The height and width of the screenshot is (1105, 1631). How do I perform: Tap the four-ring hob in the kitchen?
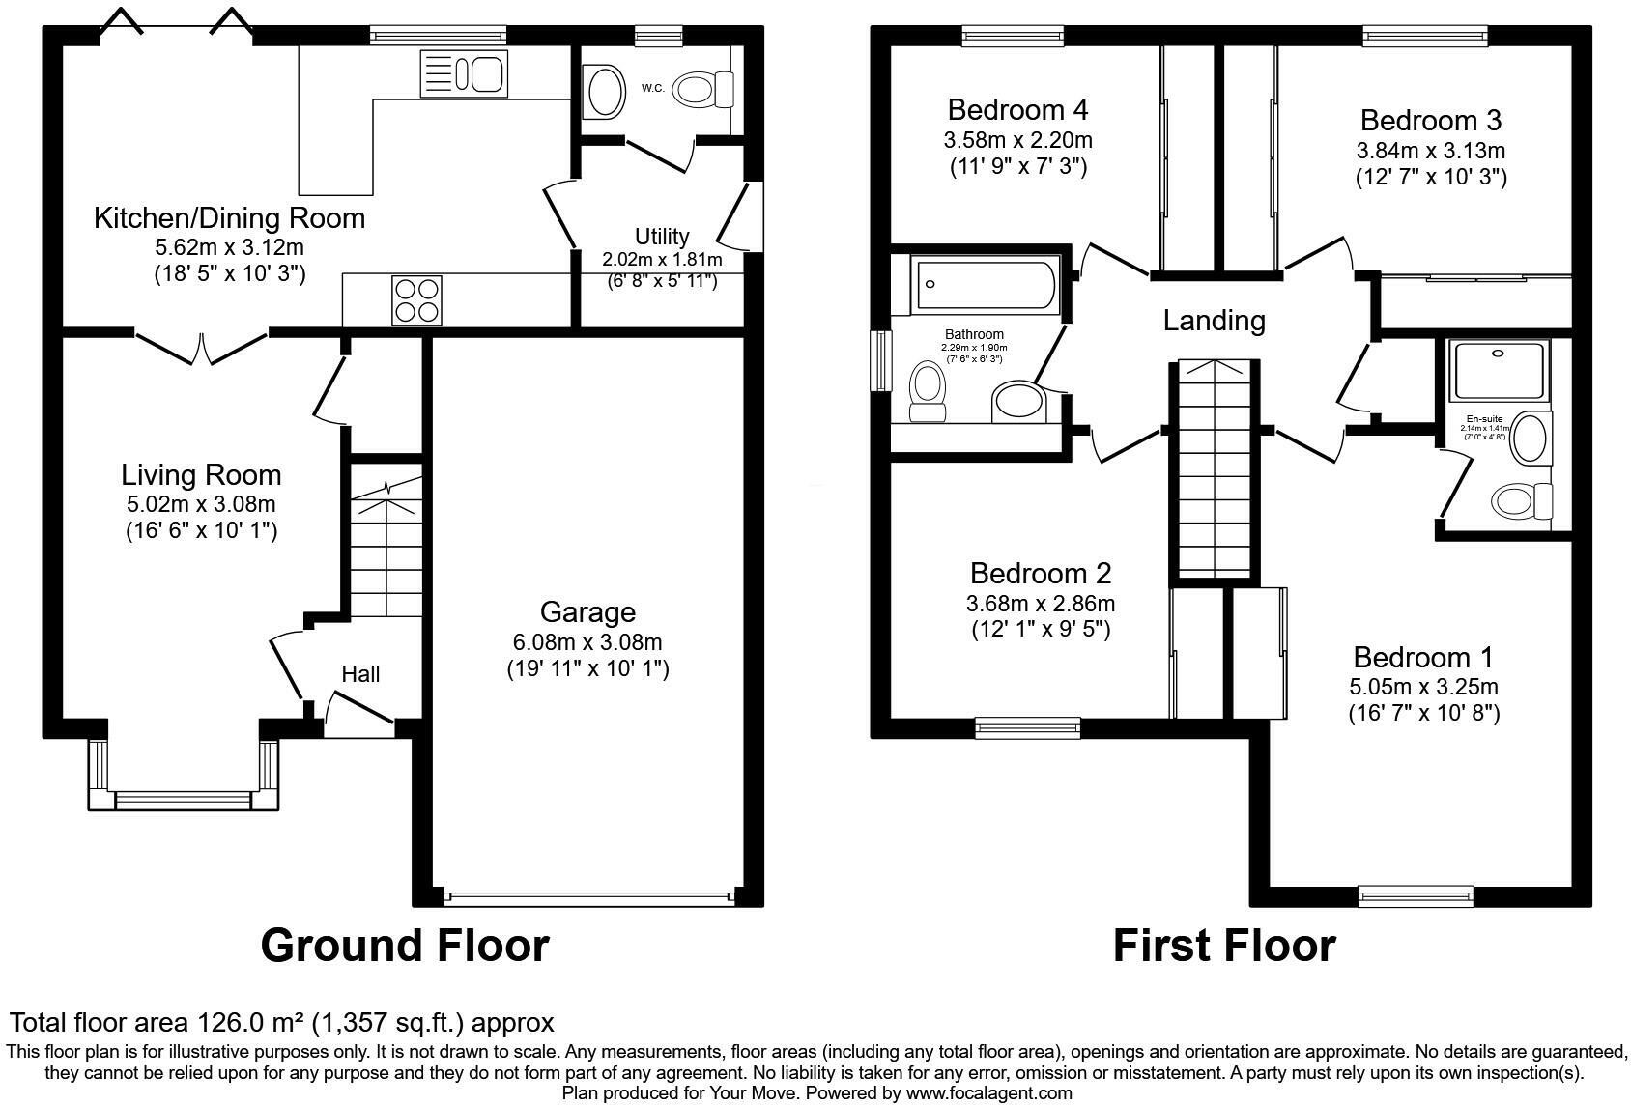tap(416, 299)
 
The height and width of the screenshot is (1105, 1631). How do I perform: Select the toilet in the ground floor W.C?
tap(704, 90)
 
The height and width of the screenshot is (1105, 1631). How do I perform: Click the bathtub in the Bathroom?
tap(976, 283)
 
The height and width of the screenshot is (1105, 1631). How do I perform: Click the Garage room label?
tap(587, 612)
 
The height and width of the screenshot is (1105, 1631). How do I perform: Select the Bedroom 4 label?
tap(1017, 108)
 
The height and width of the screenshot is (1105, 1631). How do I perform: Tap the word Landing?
tap(1214, 320)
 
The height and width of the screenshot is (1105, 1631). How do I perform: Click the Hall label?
tap(360, 674)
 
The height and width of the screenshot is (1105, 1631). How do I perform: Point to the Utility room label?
tap(662, 236)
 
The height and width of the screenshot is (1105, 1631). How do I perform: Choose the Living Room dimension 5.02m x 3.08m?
tap(201, 504)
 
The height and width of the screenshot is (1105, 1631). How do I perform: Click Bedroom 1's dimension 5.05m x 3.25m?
tap(1423, 687)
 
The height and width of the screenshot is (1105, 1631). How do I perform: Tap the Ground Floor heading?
tap(405, 945)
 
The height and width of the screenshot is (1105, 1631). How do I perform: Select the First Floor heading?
tap(1223, 945)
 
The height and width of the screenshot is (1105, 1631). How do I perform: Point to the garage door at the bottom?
tap(587, 897)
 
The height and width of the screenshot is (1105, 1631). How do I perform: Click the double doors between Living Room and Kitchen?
tap(201, 348)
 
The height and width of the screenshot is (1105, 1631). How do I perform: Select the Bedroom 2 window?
tap(1027, 728)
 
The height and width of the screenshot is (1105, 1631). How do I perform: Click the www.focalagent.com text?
tap(988, 1093)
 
